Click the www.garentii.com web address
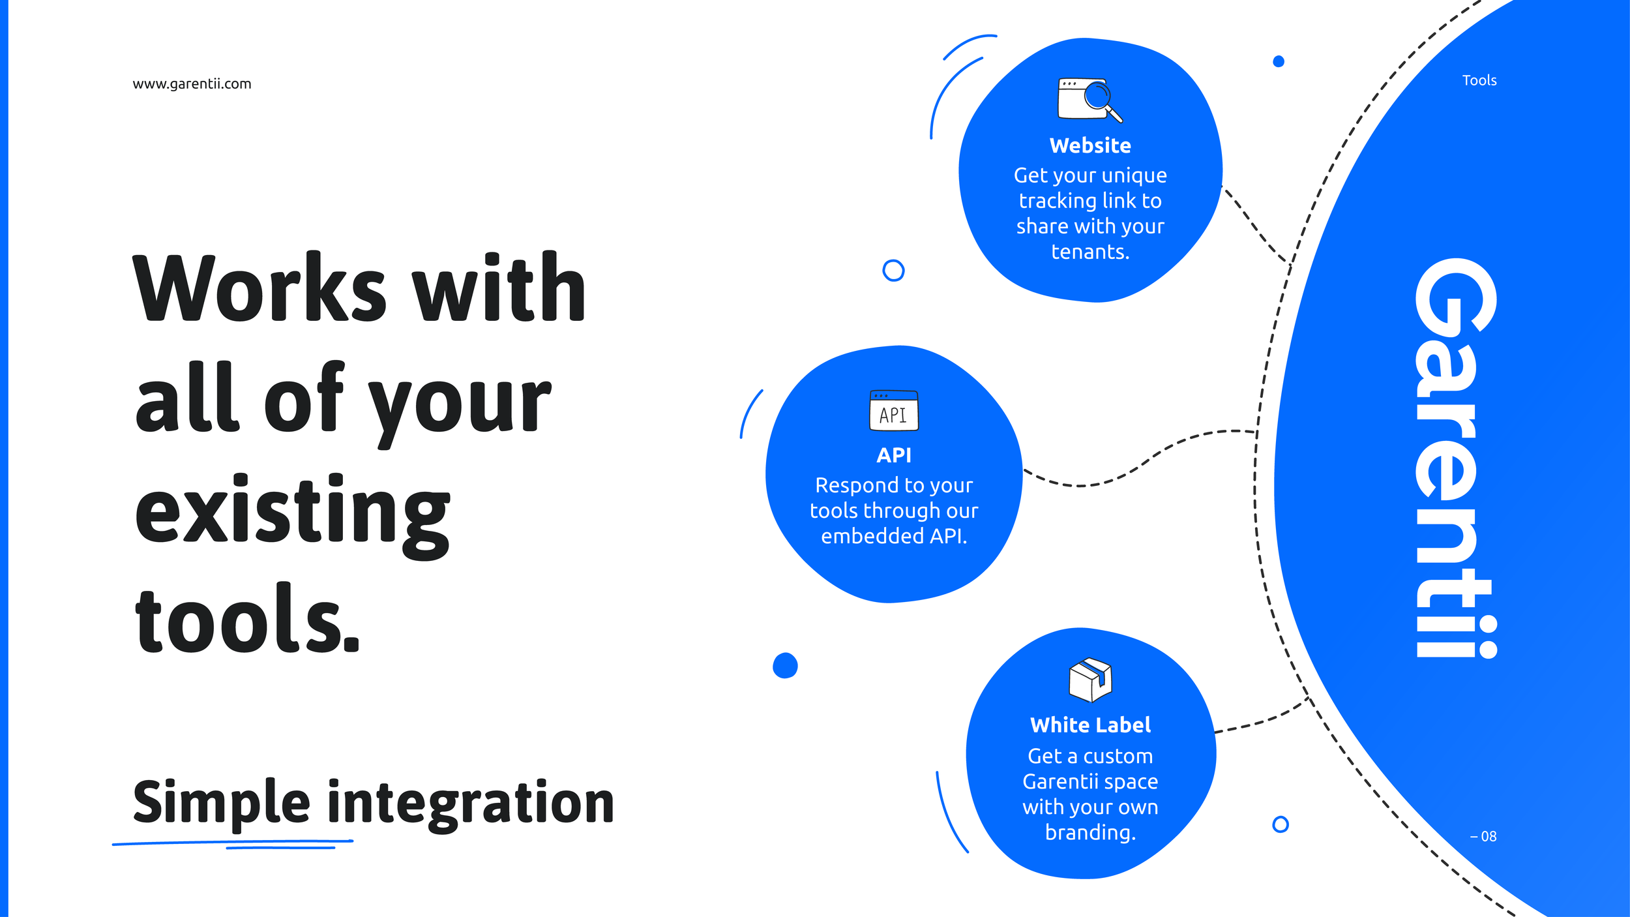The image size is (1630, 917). [192, 84]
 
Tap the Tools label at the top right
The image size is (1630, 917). [1479, 80]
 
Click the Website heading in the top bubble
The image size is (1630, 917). [1090, 145]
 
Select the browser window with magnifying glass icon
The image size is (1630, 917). [1089, 100]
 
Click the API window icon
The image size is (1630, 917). [894, 410]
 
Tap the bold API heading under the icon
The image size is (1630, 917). [894, 455]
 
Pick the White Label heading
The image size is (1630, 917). [1090, 725]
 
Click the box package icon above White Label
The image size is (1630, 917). [1090, 680]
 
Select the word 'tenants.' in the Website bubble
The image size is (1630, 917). [1090, 252]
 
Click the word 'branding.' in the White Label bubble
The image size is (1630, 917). [1090, 833]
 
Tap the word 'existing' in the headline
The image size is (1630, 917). [292, 512]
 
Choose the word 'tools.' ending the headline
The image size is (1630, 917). [247, 620]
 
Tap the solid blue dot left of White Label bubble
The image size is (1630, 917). [785, 665]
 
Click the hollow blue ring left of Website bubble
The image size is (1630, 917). [893, 270]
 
